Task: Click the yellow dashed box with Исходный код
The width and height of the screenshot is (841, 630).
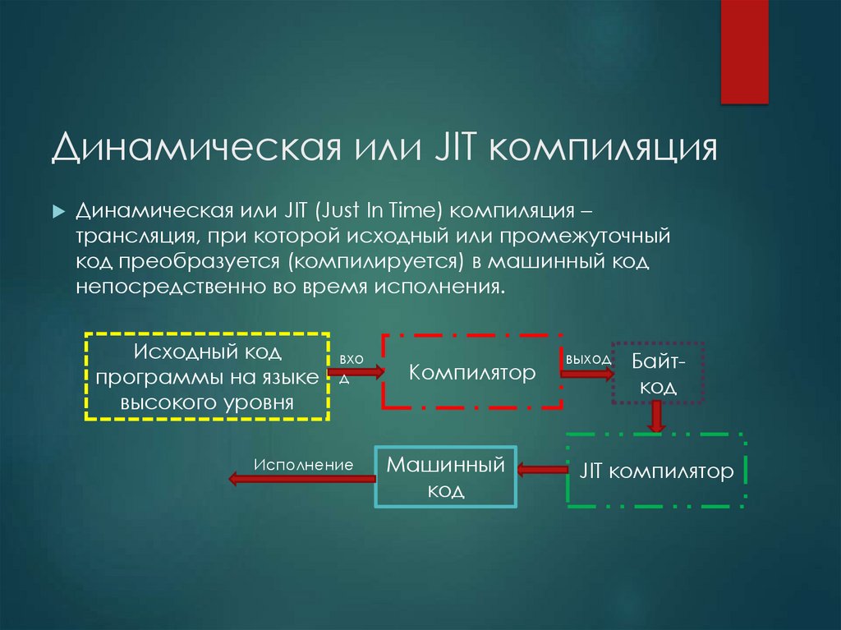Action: pos(207,377)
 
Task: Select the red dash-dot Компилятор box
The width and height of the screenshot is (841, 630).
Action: pos(472,372)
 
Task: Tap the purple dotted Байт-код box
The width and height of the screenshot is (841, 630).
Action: pos(659,374)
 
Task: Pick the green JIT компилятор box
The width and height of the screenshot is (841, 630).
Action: pos(656,471)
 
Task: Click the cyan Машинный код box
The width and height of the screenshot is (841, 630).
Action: pos(445,477)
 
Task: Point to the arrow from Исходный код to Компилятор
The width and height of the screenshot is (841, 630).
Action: pos(356,373)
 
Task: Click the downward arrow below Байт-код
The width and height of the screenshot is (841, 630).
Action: pos(655,416)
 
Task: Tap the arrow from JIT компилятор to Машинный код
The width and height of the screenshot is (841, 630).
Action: pos(542,470)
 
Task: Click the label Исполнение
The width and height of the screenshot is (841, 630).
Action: pos(303,464)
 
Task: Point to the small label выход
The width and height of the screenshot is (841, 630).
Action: pos(588,359)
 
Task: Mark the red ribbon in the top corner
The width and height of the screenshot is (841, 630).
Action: pos(744,51)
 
